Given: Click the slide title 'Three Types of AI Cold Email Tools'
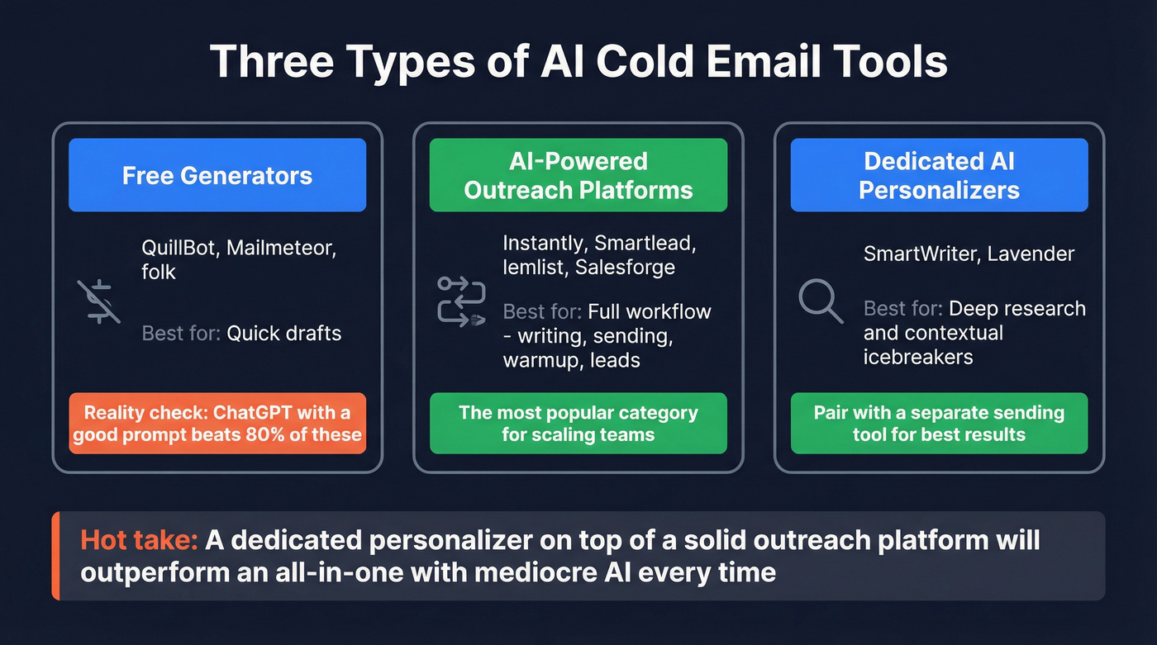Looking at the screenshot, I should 578,63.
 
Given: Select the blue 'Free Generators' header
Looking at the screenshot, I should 217,175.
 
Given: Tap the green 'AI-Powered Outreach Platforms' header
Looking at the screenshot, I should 578,175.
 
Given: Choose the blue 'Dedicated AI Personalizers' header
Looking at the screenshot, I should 939,175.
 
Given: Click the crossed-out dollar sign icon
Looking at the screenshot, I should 99,301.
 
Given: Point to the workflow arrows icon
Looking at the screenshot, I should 460,301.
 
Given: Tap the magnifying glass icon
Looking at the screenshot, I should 821,302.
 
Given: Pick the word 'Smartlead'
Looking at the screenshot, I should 658,244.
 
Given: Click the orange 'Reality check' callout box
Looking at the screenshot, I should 217,423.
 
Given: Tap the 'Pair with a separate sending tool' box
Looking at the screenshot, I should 939,423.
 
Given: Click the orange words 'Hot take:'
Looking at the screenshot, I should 139,540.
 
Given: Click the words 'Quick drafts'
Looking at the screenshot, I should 284,333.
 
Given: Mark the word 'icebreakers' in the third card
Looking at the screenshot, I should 918,357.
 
